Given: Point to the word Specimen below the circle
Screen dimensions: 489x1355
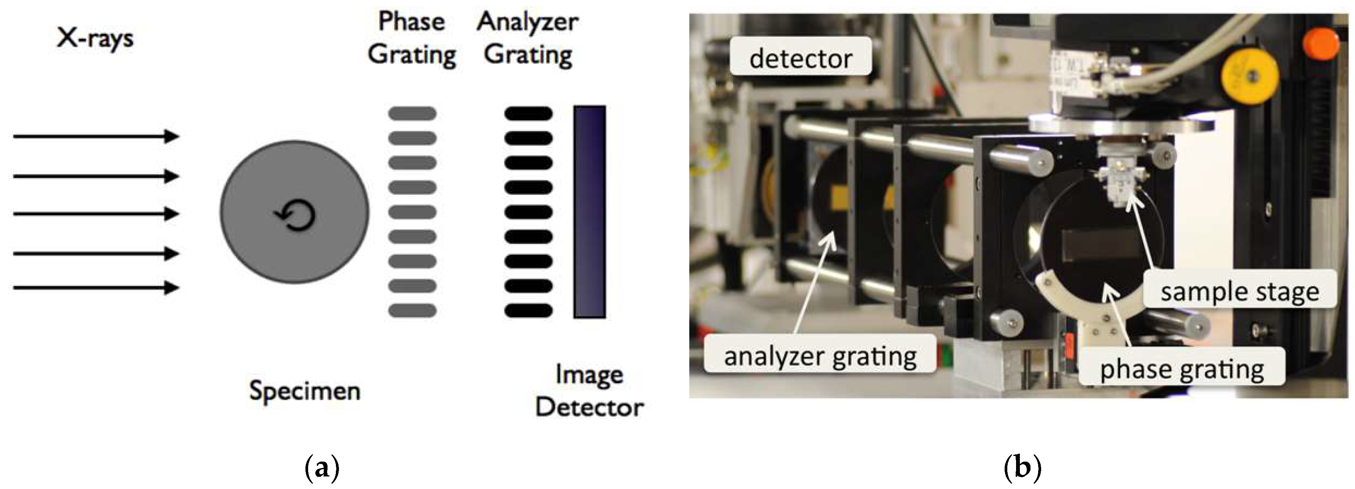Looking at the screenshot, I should coord(305,391).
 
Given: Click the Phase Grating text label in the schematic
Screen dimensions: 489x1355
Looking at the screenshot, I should coord(412,38).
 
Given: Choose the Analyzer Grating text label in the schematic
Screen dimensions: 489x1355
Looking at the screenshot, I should coord(528,38).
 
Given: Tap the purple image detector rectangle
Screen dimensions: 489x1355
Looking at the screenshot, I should coord(589,212).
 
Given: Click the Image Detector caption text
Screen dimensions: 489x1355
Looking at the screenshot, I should coord(589,391).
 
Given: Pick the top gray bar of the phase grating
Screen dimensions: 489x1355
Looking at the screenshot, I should coord(412,113).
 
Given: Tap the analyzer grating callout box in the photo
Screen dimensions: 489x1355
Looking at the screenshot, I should coord(820,356).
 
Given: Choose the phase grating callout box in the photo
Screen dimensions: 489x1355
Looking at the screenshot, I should coord(1182,368).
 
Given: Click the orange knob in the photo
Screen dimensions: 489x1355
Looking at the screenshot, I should coord(1322,43).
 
